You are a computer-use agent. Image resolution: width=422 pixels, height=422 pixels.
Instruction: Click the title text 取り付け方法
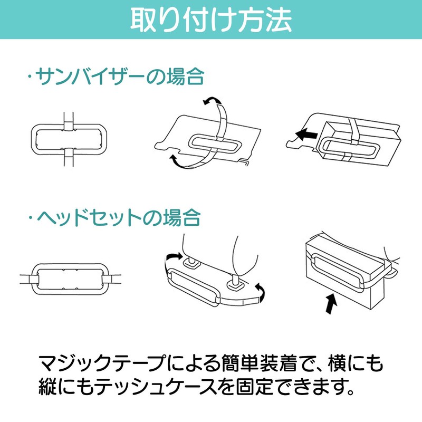(211, 20)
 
